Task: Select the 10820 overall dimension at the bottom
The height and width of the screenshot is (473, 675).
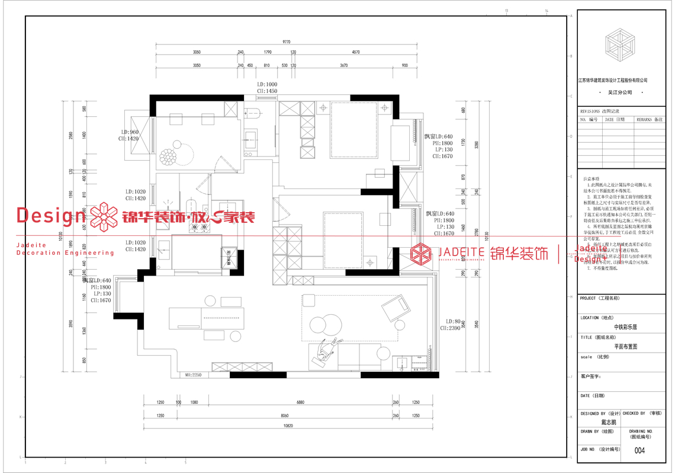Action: pos(288,426)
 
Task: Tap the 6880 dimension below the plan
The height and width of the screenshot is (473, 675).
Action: pos(300,402)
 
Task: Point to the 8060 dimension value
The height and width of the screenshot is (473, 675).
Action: pos(284,416)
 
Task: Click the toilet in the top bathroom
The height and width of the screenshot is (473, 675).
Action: pos(253,113)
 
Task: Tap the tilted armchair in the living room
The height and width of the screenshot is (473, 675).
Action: pos(396,308)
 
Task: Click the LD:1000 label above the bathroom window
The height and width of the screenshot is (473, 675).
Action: pos(267,85)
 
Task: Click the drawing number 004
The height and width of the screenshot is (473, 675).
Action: pos(639,450)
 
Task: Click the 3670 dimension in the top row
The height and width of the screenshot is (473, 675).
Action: pos(343,66)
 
